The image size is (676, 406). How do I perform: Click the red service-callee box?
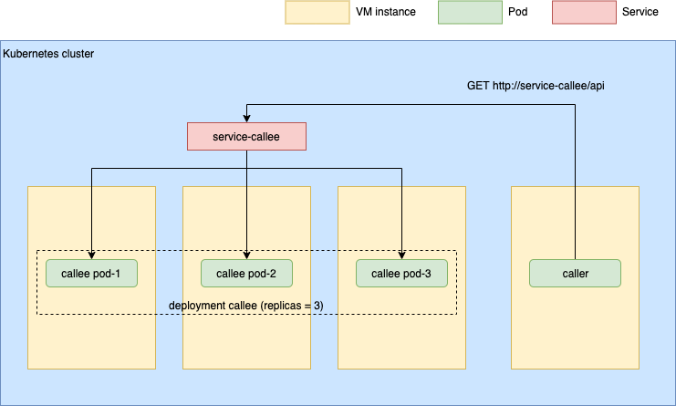pos(246,137)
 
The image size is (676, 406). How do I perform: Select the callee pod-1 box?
pos(91,273)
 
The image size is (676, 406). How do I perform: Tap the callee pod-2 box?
pos(246,273)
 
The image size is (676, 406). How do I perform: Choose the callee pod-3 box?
pos(401,273)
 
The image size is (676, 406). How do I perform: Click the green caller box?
pos(575,273)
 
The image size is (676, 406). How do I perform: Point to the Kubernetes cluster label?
pos(48,54)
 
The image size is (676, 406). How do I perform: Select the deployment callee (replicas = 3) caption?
pos(246,305)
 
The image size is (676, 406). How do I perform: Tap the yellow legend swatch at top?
pos(317,12)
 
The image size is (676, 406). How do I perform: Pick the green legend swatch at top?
pos(470,12)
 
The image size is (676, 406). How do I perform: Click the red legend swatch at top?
pos(584,12)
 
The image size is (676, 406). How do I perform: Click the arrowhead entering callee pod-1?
pos(91,255)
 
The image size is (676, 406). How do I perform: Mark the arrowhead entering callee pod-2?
pos(246,255)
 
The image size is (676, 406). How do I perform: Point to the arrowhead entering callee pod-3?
pos(401,255)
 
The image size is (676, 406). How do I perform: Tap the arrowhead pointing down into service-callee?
pos(246,120)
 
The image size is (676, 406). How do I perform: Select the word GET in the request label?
pos(478,86)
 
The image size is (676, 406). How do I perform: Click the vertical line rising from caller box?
pos(575,182)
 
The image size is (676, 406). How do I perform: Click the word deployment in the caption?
pos(198,305)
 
